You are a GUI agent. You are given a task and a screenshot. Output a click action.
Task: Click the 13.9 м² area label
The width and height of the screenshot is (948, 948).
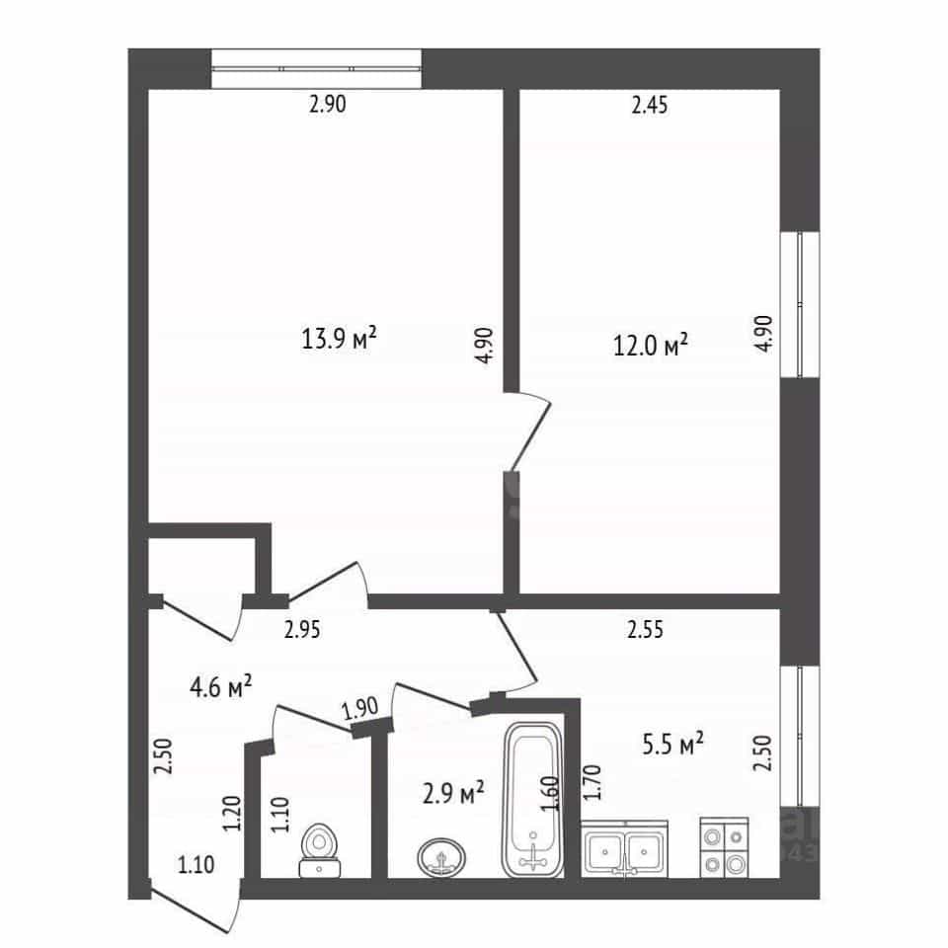pyautogui.click(x=339, y=338)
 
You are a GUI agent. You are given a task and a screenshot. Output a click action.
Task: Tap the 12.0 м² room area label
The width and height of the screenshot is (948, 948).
pyautogui.click(x=651, y=346)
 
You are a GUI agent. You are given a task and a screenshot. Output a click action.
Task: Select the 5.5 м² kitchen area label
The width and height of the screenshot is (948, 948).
pyautogui.click(x=672, y=745)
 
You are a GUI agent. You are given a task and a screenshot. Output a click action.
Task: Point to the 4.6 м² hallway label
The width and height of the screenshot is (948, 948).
pyautogui.click(x=220, y=687)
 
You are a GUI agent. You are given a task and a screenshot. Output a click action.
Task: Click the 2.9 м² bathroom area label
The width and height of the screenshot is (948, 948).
pyautogui.click(x=453, y=792)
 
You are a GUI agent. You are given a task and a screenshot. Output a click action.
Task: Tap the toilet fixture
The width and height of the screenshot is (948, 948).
pyautogui.click(x=320, y=849)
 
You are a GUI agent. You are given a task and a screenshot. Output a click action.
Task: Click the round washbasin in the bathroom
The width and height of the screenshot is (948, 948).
pyautogui.click(x=442, y=857)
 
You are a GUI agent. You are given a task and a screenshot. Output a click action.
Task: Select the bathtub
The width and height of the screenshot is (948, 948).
pyautogui.click(x=533, y=800)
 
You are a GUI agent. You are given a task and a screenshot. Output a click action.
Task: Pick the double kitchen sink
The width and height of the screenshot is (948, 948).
pyautogui.click(x=624, y=849)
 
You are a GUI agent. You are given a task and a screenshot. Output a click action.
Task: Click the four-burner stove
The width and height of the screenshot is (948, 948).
pyautogui.click(x=724, y=848)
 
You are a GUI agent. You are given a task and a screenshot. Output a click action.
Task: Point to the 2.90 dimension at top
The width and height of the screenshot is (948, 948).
pyautogui.click(x=328, y=104)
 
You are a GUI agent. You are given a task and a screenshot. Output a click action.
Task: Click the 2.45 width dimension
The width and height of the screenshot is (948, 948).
pyautogui.click(x=650, y=106)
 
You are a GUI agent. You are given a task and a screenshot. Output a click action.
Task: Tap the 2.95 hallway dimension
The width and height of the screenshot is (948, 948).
pyautogui.click(x=302, y=630)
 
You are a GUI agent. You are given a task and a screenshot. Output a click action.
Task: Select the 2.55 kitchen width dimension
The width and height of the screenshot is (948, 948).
pyautogui.click(x=645, y=629)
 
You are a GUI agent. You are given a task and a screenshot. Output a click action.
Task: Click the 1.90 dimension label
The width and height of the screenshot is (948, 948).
pyautogui.click(x=359, y=708)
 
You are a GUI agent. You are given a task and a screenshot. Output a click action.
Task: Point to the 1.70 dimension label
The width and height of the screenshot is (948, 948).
pyautogui.click(x=593, y=783)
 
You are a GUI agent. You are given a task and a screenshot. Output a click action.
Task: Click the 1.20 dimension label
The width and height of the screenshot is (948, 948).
pyautogui.click(x=231, y=813)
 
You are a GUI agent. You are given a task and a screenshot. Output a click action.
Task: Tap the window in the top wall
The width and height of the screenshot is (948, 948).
pyautogui.click(x=316, y=69)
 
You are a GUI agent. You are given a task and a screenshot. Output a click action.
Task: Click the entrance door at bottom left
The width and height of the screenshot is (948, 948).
pyautogui.click(x=195, y=908)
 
